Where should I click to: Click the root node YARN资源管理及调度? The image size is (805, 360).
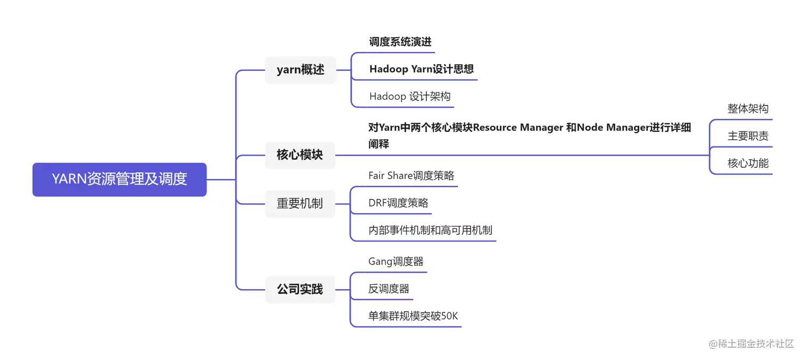pos(119,179)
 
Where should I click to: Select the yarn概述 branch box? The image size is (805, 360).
pos(300,70)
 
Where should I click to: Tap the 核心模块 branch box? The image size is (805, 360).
pos(300,155)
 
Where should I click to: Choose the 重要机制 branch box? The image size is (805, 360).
pos(300,203)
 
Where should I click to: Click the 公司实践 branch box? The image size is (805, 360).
pos(300,289)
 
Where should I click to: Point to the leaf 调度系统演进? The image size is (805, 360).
pos(400,42)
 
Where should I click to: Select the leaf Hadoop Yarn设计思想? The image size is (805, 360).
pos(421,69)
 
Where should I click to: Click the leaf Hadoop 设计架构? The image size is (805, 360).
pos(409,96)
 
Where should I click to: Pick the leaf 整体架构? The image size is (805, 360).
pos(747,109)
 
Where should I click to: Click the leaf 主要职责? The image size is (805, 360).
pos(747,136)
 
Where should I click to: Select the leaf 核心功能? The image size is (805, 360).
pos(747,163)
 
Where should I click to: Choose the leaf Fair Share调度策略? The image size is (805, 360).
pos(411,176)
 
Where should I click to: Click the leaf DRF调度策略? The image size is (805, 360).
pos(398,203)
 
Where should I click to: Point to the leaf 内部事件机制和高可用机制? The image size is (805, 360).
pos(430,231)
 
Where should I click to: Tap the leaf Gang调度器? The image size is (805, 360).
pos(396,261)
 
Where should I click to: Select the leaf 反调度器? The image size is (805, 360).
pos(389,289)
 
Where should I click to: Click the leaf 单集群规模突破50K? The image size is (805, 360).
pos(413,316)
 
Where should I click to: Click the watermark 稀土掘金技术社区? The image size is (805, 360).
pos(755,343)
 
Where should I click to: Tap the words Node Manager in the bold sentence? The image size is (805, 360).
pos(612,128)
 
